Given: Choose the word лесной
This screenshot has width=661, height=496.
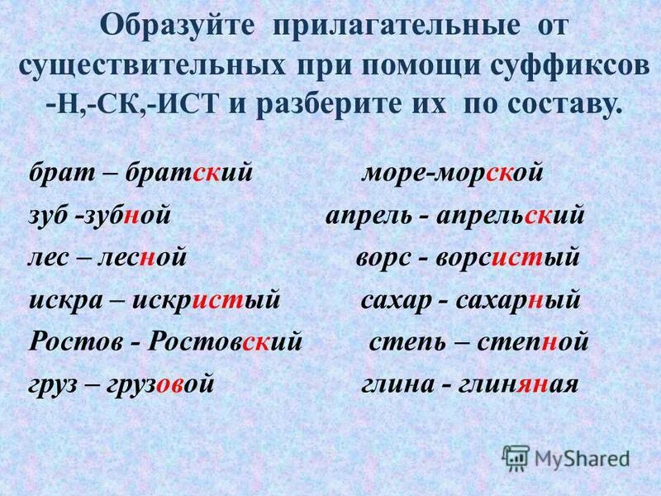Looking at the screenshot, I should coord(143,258).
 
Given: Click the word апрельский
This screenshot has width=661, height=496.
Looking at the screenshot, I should coord(516,216).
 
